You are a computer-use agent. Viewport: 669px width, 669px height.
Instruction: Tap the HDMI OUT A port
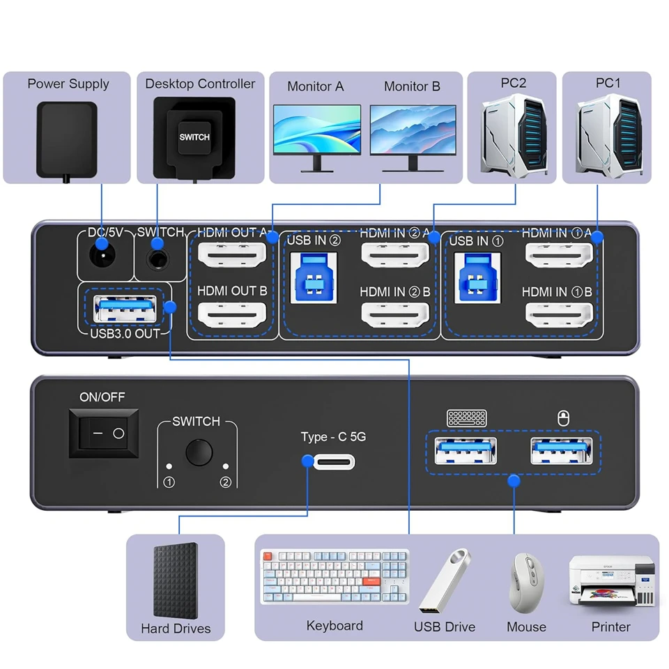[231, 256]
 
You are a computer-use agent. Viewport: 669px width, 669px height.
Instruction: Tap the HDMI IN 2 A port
[394, 256]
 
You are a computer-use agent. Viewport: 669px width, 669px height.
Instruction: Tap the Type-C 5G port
[334, 461]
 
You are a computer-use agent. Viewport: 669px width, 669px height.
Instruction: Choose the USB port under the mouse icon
[561, 451]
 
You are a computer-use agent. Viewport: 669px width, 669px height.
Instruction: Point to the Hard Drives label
[176, 629]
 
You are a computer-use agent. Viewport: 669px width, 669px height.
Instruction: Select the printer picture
[611, 581]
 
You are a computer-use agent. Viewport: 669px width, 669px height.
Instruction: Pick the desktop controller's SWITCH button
[194, 137]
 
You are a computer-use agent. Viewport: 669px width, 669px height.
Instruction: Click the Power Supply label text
[68, 84]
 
